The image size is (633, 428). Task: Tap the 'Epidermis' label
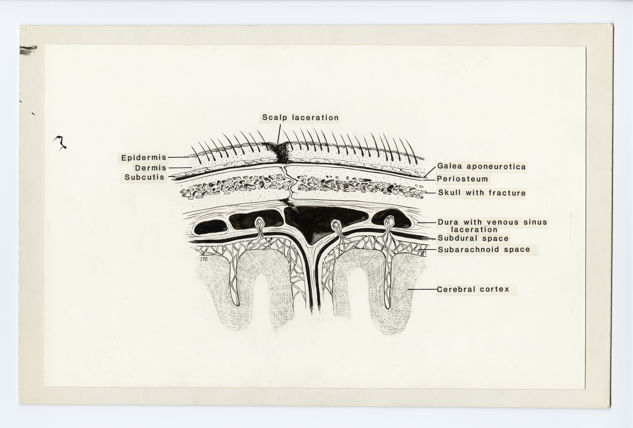pyautogui.click(x=144, y=158)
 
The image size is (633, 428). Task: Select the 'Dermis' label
pyautogui.click(x=150, y=168)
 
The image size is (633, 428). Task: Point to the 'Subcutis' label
pyautogui.click(x=144, y=177)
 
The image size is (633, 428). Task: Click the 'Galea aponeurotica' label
pyautogui.click(x=481, y=166)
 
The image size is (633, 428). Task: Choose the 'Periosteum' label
pyautogui.click(x=462, y=179)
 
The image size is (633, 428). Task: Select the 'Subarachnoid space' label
pyautogui.click(x=484, y=250)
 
